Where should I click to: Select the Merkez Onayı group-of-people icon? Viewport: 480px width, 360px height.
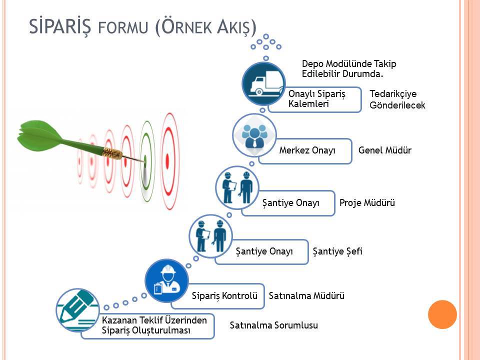(x=254, y=135)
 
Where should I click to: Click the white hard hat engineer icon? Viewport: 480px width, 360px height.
(x=166, y=280)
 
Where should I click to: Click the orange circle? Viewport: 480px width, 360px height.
(x=442, y=314)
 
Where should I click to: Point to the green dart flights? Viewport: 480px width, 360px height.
(x=40, y=136)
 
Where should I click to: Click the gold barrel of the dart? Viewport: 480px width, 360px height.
(x=112, y=153)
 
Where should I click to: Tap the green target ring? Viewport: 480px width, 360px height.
(x=147, y=161)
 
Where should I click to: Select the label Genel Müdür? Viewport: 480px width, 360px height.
(x=385, y=150)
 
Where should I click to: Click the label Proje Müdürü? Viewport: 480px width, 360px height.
(x=367, y=202)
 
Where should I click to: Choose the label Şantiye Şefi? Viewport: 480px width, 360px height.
(x=337, y=251)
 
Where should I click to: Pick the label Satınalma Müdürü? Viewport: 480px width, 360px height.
(x=306, y=295)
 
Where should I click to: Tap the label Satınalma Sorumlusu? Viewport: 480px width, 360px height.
(x=273, y=325)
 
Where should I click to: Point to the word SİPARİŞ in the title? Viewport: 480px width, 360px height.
(x=60, y=26)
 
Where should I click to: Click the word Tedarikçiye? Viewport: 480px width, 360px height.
(x=393, y=93)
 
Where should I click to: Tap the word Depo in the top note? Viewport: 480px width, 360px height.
(x=312, y=64)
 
